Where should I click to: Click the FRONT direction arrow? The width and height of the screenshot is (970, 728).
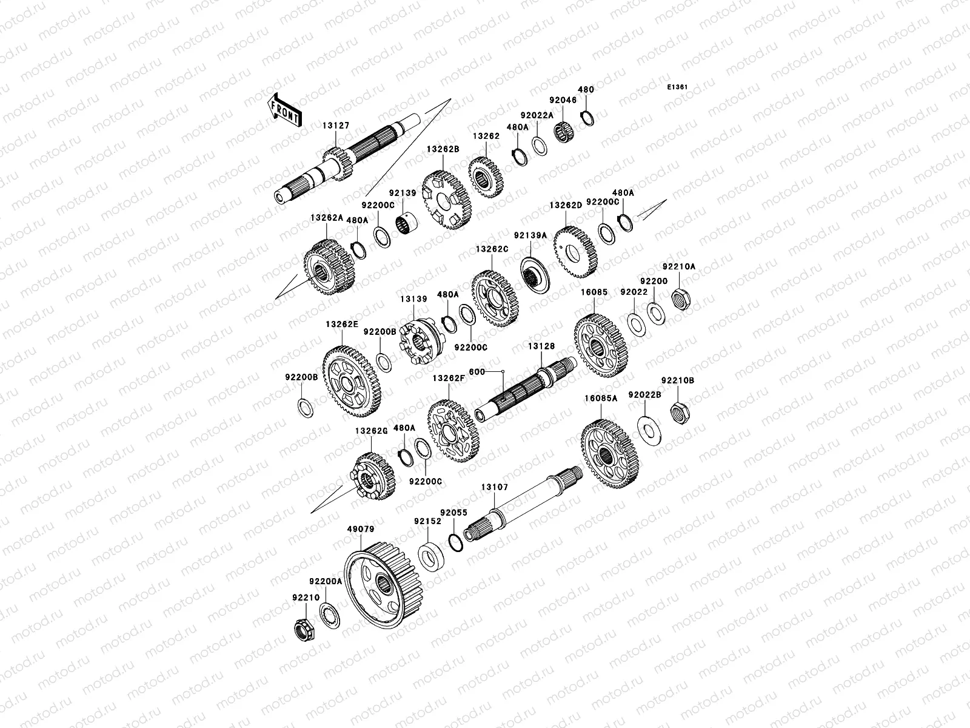point(284,110)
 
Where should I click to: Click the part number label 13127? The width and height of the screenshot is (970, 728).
point(336,126)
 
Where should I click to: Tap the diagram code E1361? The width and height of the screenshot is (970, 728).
point(677,87)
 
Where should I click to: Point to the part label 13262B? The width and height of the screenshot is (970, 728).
point(443,149)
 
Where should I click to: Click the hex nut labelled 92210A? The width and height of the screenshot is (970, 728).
point(681,299)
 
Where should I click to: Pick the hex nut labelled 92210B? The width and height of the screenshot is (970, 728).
point(680,413)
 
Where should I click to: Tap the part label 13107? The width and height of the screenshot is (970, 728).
point(495,487)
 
